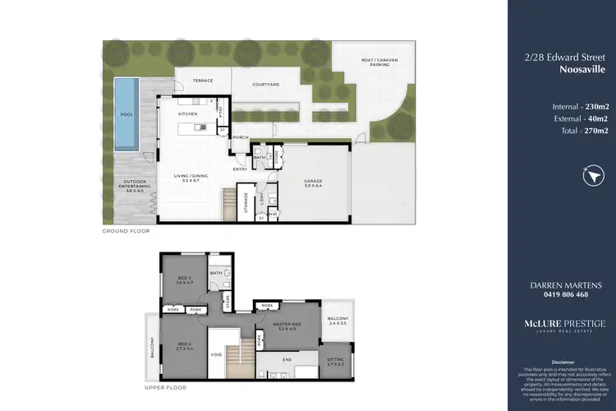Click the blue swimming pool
pyautogui.click(x=126, y=114)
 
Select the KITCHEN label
pyautogui.click(x=189, y=113)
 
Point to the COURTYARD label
pyautogui.click(x=266, y=84)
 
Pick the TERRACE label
pyautogui.click(x=202, y=81)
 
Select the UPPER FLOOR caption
pyautogui.click(x=166, y=386)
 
